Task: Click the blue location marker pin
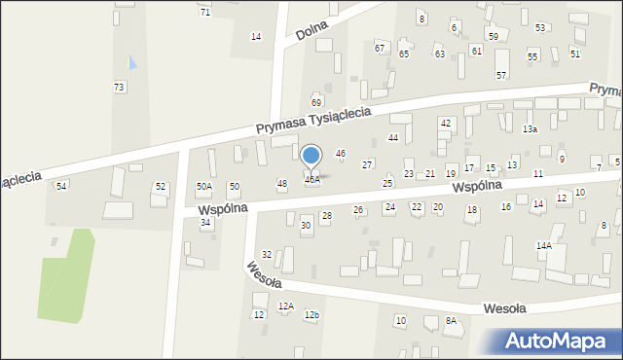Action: coord(311,156)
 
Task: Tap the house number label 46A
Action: coord(311,180)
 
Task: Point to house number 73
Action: coord(119,88)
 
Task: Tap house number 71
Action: coord(204,12)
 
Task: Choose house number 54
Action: coord(61,186)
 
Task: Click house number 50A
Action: coord(204,186)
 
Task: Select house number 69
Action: coord(316,102)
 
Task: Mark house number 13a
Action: coord(530,128)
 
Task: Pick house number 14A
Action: coord(543,246)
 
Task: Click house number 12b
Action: coord(311,315)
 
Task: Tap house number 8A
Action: coord(451,320)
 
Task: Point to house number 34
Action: coord(205,223)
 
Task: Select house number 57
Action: coord(501,75)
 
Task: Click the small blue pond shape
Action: coord(133,63)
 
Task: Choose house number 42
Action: coord(445,123)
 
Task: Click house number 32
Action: coord(267,255)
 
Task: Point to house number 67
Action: coord(380,48)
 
